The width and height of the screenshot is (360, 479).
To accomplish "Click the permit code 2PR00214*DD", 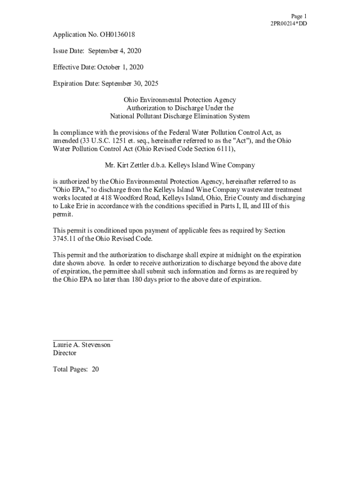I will [x=289, y=24].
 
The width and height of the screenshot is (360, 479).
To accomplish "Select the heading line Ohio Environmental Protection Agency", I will [x=180, y=100].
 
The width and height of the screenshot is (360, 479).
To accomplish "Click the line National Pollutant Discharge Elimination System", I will [x=180, y=116].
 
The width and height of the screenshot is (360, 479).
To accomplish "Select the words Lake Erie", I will [x=75, y=206].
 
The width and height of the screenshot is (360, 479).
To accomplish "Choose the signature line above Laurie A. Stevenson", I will [x=83, y=340].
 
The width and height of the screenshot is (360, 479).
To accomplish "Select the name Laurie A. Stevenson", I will [x=82, y=345].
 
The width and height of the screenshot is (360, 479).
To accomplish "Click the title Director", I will [x=65, y=353].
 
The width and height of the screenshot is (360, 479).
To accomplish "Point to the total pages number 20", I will [x=95, y=370].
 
